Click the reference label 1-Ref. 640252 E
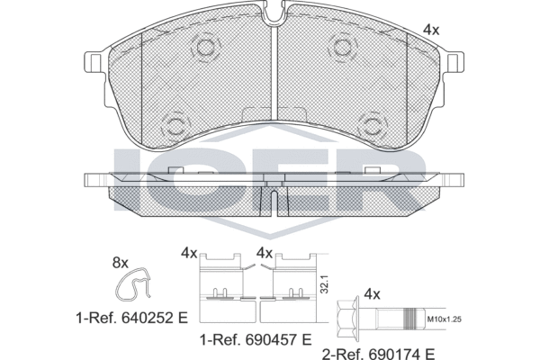pyautogui.click(x=132, y=318)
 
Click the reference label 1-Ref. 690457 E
pyautogui.click(x=256, y=340)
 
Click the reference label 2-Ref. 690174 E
pyautogui.click(x=378, y=354)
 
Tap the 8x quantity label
pyautogui.click(x=121, y=263)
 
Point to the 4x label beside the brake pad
pyautogui.click(x=431, y=30)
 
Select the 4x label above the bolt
pyautogui.click(x=373, y=294)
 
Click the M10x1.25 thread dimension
pyautogui.click(x=444, y=319)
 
